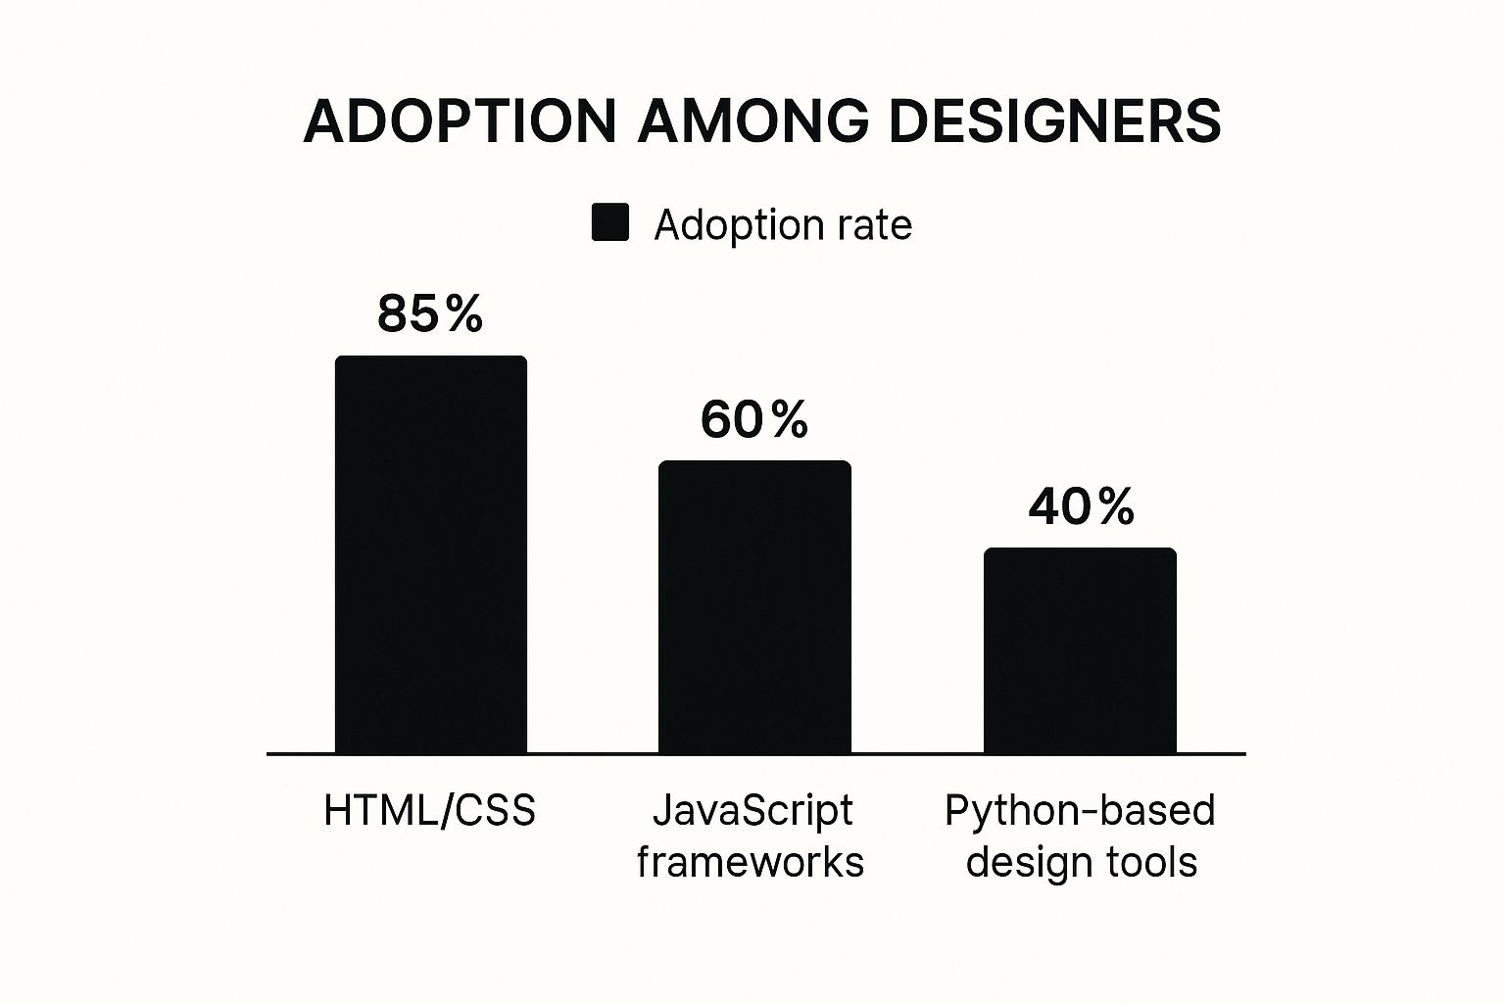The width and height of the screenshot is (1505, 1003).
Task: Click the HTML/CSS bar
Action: (x=431, y=554)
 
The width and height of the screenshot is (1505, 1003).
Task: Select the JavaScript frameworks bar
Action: (x=754, y=606)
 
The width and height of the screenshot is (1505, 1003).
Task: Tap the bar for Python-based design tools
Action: (x=1080, y=650)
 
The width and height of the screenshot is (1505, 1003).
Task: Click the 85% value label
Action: (x=430, y=314)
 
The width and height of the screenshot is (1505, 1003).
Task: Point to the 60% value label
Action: (x=754, y=419)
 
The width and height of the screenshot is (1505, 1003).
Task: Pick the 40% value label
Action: (x=1081, y=506)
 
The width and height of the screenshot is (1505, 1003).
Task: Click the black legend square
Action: (x=610, y=223)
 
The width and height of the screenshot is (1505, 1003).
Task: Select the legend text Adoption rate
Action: (x=783, y=225)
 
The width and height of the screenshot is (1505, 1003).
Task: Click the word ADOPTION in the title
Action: (x=461, y=122)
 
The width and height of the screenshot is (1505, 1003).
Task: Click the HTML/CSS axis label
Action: (x=430, y=811)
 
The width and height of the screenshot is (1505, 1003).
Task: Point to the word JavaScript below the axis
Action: (x=752, y=811)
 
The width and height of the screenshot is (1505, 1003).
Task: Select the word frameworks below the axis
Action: (x=751, y=863)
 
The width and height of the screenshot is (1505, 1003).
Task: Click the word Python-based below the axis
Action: (x=1080, y=811)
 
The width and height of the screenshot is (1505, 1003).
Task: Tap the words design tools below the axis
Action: (x=1082, y=863)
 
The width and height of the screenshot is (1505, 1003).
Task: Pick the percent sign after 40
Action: (x=1115, y=506)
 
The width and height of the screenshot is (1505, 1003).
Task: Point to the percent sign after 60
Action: (x=789, y=419)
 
